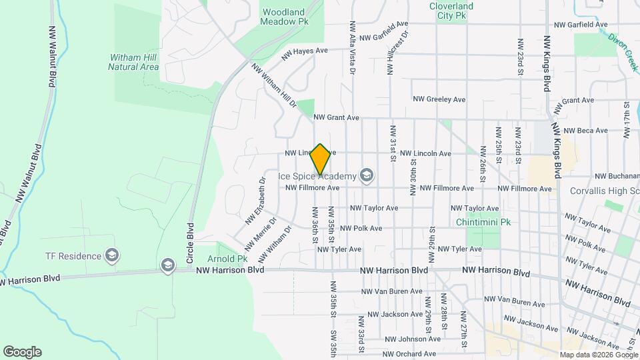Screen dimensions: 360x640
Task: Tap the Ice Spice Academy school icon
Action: pos(365,176)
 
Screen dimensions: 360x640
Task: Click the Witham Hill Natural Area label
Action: pos(133,62)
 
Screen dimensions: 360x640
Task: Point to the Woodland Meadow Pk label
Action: pos(285,17)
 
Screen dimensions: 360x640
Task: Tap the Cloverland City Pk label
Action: pos(451,11)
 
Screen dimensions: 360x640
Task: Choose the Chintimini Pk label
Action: pos(483,222)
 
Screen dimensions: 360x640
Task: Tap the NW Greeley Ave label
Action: pos(439,99)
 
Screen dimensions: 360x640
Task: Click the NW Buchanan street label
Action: pos(617,176)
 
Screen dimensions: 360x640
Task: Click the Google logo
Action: pos(22,352)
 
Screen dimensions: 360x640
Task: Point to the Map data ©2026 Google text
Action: pos(598,355)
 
